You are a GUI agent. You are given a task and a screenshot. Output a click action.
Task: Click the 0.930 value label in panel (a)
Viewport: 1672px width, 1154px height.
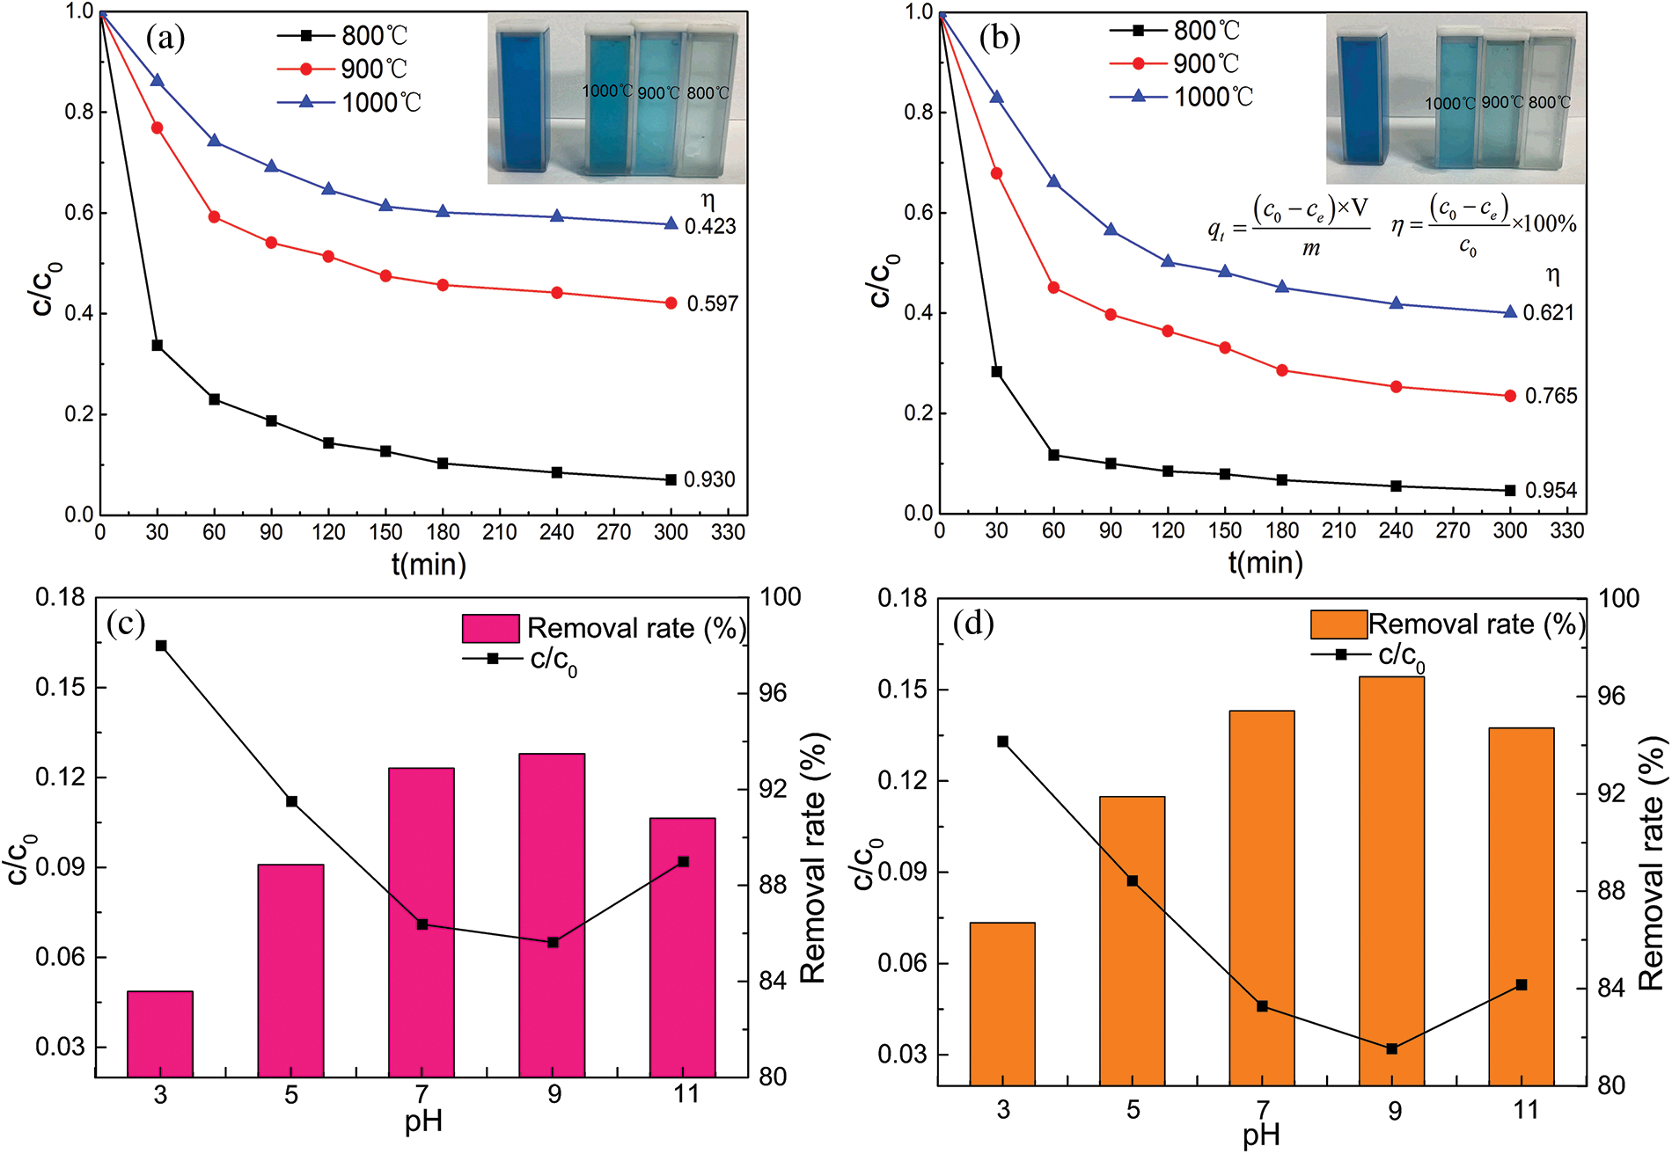coord(709,480)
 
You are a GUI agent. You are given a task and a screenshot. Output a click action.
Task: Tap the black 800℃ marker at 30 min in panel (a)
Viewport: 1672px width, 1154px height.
coord(158,346)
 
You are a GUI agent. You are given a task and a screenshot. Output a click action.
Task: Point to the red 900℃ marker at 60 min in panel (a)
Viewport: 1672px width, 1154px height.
coord(214,217)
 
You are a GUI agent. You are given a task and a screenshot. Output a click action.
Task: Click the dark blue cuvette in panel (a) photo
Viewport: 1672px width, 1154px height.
coord(523,99)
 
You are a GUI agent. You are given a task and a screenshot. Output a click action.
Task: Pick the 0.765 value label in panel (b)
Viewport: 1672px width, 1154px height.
coord(1551,397)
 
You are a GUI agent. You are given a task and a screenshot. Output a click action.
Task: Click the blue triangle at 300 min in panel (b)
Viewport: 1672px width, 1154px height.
coord(1510,312)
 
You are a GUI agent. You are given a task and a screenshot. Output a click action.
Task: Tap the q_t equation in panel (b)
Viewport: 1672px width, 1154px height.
coord(1288,227)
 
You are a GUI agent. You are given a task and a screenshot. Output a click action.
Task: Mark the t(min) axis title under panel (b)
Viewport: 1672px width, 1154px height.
coord(1265,562)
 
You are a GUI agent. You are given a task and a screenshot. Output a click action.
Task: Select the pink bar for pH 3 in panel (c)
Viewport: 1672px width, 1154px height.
coord(160,1033)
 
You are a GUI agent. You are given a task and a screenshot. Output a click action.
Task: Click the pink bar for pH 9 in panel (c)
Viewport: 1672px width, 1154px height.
coord(552,915)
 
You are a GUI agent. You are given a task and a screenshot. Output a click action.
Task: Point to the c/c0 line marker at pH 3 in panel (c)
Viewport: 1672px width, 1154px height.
coord(161,646)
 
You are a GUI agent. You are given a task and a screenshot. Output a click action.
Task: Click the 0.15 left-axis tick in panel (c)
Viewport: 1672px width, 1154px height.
coord(60,687)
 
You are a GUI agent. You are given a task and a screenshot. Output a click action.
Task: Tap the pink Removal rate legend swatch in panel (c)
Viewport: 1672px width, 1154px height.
coord(490,628)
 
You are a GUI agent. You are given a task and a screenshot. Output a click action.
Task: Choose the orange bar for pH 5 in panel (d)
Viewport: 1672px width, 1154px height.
coord(1132,940)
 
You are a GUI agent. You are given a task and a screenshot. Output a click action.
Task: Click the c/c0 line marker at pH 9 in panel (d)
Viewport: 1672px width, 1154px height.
coord(1391,1048)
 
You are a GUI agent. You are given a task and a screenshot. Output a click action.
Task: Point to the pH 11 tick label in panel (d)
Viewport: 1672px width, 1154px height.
coord(1525,1110)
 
